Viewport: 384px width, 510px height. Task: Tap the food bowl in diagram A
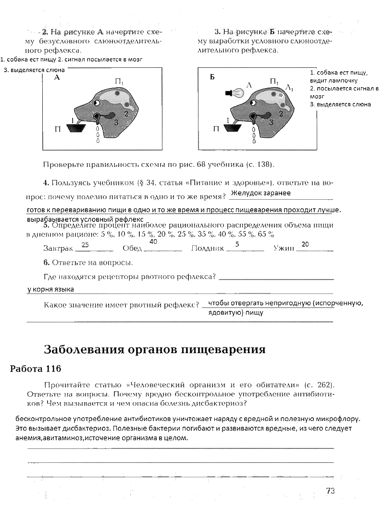tap(76, 128)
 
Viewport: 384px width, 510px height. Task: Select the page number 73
tap(330, 491)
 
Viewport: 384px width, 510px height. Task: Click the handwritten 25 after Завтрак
tap(86, 245)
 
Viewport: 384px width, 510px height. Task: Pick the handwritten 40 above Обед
tap(153, 242)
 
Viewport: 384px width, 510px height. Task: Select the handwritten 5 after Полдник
tap(237, 244)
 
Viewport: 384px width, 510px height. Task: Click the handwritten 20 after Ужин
tap(305, 244)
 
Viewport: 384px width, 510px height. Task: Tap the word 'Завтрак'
tap(58, 249)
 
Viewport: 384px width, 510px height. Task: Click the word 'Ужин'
tap(283, 249)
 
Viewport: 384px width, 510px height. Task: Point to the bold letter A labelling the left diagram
tap(57, 77)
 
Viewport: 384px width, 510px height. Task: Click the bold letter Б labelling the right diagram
tap(212, 77)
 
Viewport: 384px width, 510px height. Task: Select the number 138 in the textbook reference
tap(262, 165)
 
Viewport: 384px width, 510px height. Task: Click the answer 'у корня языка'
tap(50, 290)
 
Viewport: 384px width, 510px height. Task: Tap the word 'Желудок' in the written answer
tap(245, 193)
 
